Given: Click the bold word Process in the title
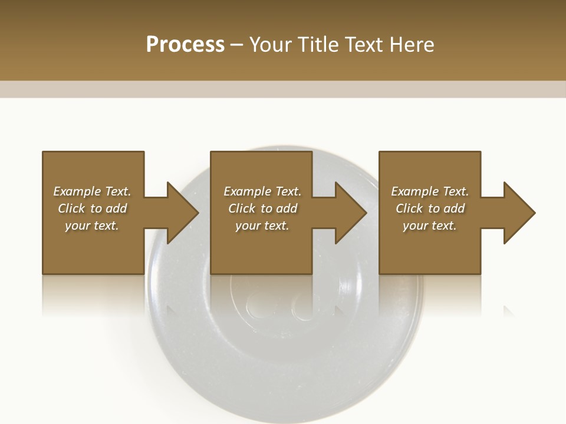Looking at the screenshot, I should pos(185,45).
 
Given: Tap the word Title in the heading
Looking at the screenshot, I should pos(317,45).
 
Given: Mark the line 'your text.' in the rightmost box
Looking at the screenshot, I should pos(429,226).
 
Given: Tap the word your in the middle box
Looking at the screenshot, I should pos(247,226).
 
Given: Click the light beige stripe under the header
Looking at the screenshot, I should pos(283,89).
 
